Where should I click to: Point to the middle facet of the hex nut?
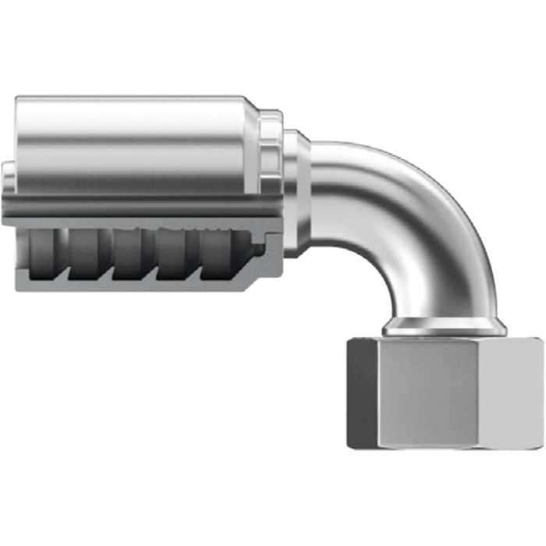click(x=437, y=394)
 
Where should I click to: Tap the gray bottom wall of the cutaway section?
click(x=140, y=287)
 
